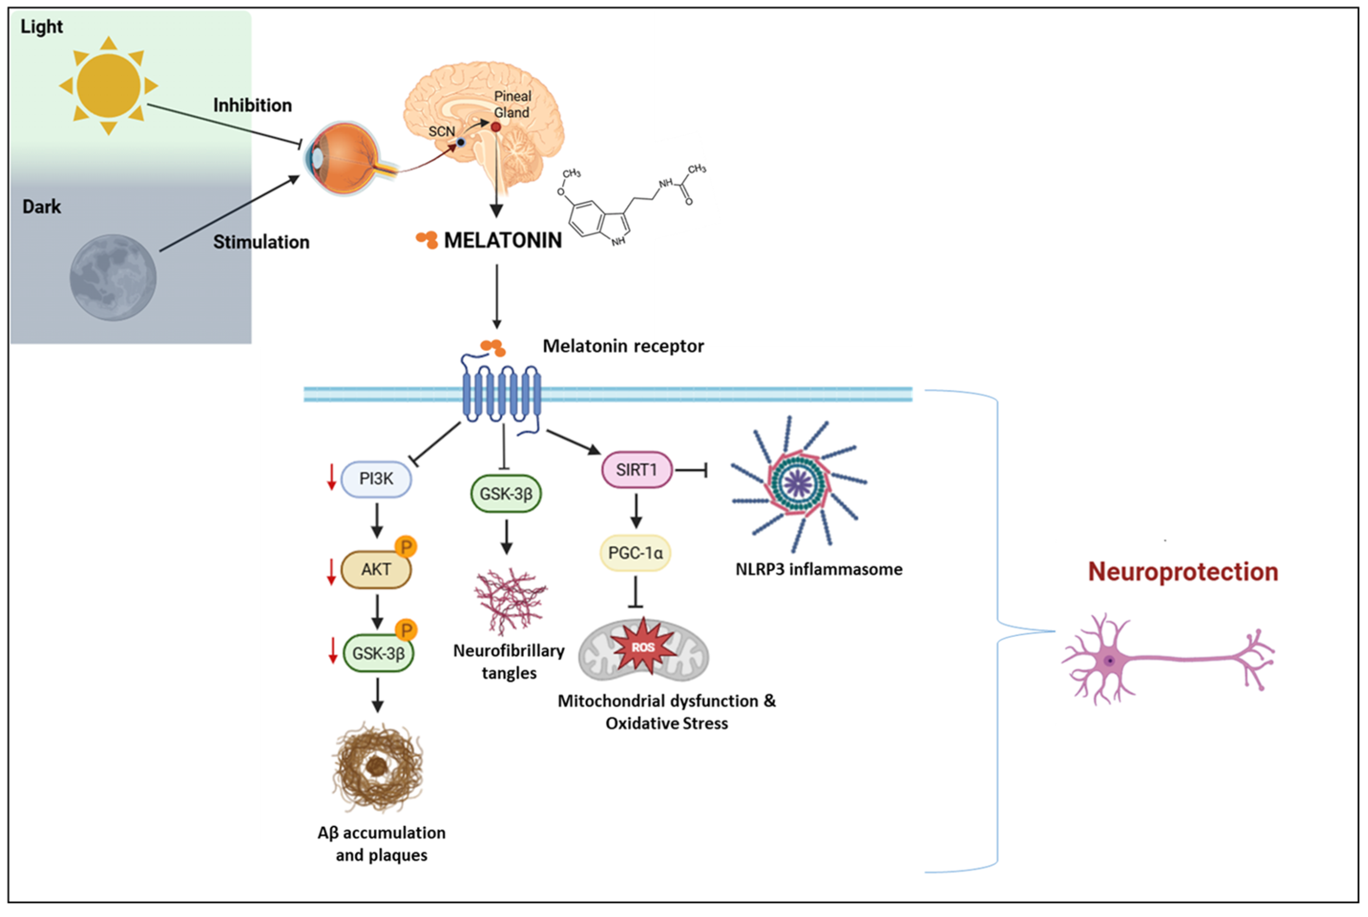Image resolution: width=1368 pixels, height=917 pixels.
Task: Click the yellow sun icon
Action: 108,86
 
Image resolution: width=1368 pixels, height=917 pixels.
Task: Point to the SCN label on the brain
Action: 441,131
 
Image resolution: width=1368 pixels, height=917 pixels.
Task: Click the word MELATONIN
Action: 503,240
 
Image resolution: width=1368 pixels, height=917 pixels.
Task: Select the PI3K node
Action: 376,479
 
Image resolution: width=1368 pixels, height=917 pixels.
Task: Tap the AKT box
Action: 376,569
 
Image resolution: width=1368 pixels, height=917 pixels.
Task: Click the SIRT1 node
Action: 637,470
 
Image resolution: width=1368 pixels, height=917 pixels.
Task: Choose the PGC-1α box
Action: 635,553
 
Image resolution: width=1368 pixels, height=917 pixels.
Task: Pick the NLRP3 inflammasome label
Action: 818,569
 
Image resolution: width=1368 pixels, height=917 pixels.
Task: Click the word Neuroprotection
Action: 1182,571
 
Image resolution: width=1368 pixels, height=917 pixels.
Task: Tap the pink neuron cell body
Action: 1109,661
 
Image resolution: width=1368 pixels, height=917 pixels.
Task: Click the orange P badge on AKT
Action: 406,547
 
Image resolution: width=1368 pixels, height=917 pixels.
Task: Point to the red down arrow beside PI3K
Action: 332,477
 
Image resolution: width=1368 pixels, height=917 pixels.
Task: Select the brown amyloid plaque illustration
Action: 377,767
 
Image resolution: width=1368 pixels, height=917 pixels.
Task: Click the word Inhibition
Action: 252,105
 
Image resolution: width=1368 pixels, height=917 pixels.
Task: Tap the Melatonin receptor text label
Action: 623,346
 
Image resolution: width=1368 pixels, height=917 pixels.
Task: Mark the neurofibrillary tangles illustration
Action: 510,601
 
